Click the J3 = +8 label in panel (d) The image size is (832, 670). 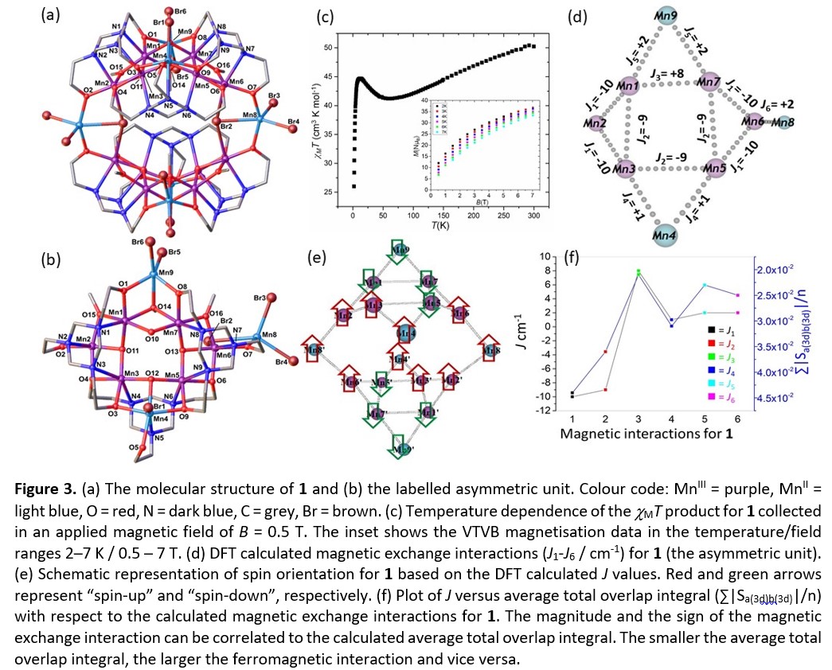tap(666, 72)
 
